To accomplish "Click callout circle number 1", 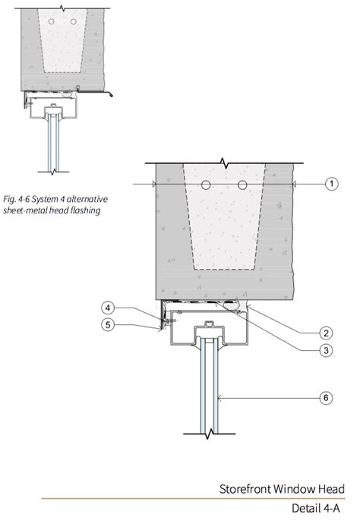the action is pyautogui.click(x=331, y=184).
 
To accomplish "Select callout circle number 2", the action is pyautogui.click(x=326, y=333).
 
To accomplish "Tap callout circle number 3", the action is pyautogui.click(x=326, y=350).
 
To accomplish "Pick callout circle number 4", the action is pyautogui.click(x=108, y=308).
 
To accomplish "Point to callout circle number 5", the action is pyautogui.click(x=108, y=324).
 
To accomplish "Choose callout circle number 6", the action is pyautogui.click(x=326, y=398).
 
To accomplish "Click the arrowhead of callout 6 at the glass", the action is pyautogui.click(x=219, y=398).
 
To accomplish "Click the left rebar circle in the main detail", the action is pyautogui.click(x=206, y=185).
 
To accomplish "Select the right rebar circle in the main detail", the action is pyautogui.click(x=242, y=185).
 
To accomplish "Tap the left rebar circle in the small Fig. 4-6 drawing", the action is pyautogui.click(x=51, y=21).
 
